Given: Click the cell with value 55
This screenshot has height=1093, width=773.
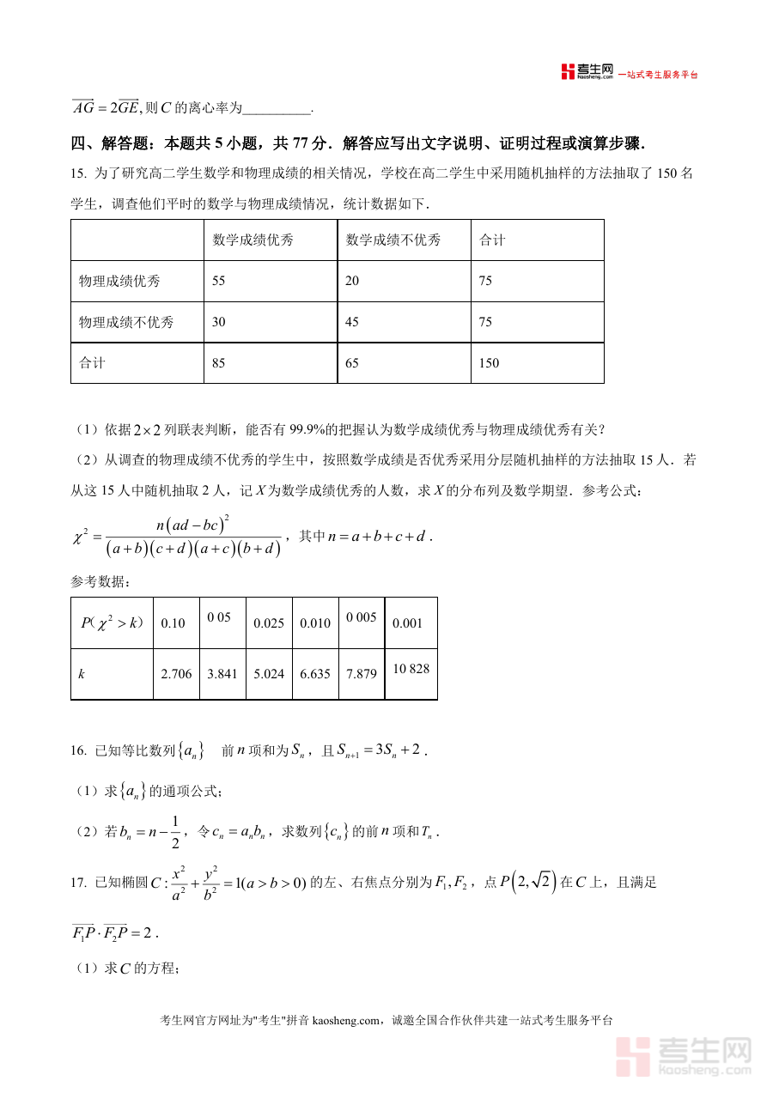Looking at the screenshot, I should point(219,282).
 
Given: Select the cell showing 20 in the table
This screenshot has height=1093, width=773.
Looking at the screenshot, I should point(352,282).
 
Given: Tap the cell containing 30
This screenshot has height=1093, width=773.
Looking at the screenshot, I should point(219,323).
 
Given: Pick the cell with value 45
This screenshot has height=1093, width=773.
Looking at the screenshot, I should point(352,323).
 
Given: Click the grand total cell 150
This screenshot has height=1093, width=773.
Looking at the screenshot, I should point(488,363).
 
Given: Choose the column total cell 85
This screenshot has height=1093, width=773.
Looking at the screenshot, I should point(219,363).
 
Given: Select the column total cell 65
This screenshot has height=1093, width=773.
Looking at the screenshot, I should point(352,363).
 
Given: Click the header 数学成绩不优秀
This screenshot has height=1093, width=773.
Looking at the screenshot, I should point(393,240).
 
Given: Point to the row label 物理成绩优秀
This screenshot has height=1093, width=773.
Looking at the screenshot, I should point(119,282).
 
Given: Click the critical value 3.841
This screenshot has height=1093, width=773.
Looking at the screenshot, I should point(222,674).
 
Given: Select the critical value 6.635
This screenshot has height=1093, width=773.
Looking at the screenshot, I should point(315,674).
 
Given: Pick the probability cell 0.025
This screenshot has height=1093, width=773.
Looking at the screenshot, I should point(269,623).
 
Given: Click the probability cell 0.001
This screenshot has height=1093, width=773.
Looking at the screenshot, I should point(407,623).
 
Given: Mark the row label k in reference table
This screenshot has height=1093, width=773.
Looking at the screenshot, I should point(82,674).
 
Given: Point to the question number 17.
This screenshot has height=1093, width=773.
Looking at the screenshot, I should point(78,882).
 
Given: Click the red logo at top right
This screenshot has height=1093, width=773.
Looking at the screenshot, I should point(568,72).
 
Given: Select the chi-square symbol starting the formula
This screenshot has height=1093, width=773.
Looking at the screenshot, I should point(82,537).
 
